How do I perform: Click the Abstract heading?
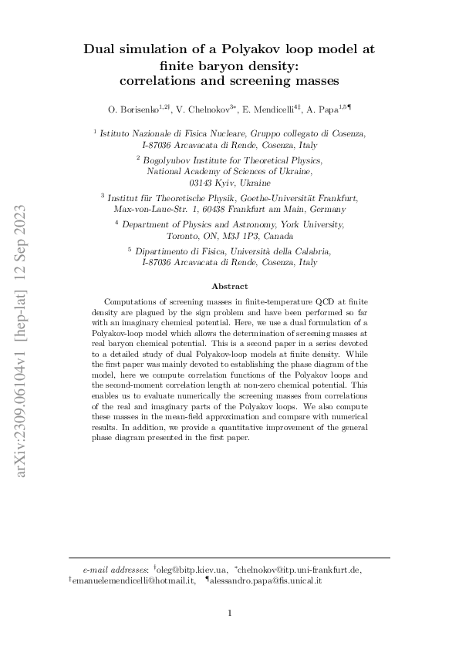[229, 286]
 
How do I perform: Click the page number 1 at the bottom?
[230, 614]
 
